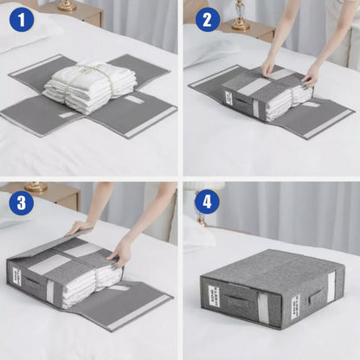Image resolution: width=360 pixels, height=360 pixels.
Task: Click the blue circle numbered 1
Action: pos(22,18)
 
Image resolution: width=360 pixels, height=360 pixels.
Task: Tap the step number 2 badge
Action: pos(207,18)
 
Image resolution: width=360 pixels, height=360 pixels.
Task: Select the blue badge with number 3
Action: pos(22,202)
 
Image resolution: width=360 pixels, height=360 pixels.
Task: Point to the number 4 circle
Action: pos(207,202)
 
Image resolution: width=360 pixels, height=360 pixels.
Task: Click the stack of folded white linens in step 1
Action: pos(90,85)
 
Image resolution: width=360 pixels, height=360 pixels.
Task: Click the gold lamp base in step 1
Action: pos(67,6)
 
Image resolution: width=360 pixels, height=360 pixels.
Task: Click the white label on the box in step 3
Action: pos(16,277)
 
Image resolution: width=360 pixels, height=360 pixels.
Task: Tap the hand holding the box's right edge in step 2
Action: pos(310,76)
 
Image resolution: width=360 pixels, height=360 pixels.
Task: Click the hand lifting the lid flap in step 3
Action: pos(79,227)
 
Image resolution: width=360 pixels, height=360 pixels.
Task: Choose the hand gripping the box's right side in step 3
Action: pos(120,252)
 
